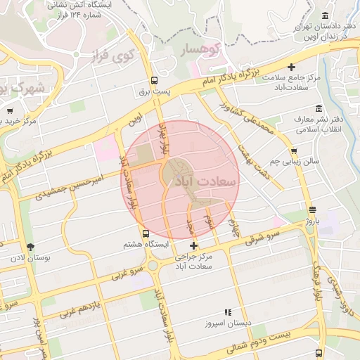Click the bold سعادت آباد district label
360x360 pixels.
210,181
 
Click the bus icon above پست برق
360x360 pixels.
154,80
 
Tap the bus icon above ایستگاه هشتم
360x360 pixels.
146,233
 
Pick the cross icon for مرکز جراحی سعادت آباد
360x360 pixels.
193,245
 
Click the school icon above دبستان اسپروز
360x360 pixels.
227,312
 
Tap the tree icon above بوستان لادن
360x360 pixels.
30,246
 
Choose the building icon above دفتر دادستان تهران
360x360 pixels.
324,16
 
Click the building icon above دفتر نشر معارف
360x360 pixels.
320,109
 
